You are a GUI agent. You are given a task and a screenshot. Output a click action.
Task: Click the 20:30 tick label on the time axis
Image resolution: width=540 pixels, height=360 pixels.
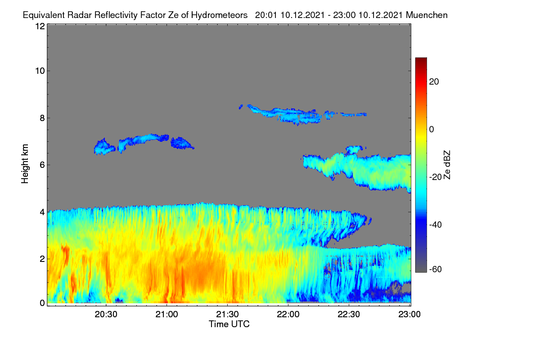106,315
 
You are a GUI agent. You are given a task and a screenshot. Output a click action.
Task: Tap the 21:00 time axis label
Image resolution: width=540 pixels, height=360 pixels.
166,315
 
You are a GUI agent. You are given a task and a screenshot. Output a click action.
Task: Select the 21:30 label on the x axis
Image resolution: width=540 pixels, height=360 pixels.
227,315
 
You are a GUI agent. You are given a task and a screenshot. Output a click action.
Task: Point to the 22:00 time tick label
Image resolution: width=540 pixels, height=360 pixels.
288,315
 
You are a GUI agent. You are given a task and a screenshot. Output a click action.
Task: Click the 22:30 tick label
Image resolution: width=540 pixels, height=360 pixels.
349,315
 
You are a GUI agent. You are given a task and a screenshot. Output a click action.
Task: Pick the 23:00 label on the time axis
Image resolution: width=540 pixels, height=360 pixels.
409,315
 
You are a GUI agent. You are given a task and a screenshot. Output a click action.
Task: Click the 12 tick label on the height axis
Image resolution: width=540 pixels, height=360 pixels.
40,26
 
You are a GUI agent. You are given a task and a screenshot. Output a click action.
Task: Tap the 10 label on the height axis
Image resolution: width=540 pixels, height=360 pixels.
40,71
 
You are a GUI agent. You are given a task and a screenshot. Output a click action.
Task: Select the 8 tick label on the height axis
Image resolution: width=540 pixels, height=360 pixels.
42,118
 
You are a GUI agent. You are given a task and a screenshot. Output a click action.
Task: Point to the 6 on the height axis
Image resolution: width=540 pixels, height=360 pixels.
42,165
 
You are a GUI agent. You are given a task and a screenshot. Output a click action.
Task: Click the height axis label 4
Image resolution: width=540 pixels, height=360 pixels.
42,212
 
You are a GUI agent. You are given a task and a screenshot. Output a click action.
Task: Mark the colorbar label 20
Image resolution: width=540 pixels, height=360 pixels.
434,82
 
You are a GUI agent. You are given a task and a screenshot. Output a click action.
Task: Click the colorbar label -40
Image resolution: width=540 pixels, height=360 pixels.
436,225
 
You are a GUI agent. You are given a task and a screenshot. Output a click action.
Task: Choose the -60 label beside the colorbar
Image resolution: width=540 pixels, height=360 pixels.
436,270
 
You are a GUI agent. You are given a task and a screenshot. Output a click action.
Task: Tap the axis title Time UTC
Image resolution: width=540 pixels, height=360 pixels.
229,324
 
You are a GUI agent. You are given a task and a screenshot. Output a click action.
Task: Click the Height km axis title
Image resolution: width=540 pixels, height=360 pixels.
25,164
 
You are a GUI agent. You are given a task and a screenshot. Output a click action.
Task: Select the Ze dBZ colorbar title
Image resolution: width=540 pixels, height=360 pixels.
447,165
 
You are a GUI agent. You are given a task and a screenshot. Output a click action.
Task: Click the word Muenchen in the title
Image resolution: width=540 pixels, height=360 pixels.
427,15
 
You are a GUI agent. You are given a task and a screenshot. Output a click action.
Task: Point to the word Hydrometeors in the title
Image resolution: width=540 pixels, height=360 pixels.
219,15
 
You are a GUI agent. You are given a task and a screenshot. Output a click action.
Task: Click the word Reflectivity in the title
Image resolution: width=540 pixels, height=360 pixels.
116,15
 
